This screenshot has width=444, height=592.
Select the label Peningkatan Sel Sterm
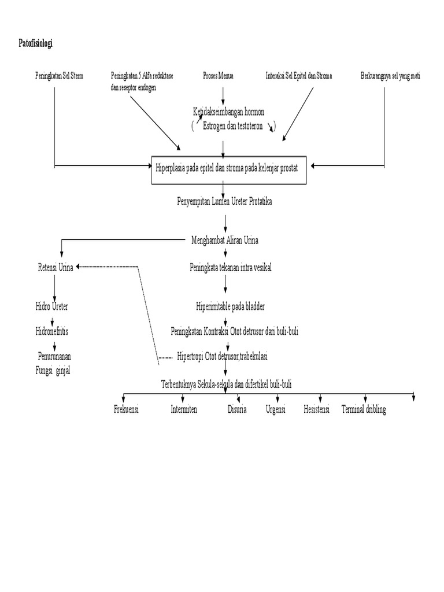click(58, 76)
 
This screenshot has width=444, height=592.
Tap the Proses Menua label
click(218, 76)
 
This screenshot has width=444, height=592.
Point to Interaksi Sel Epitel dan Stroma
click(299, 76)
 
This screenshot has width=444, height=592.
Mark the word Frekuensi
click(127, 410)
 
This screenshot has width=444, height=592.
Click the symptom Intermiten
click(184, 410)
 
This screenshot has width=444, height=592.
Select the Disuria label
click(237, 410)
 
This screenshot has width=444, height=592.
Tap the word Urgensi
click(276, 410)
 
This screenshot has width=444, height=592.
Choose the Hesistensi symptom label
click(316, 410)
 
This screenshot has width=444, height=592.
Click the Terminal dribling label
click(364, 410)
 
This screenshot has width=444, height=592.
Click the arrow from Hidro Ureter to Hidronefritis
click(53, 319)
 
